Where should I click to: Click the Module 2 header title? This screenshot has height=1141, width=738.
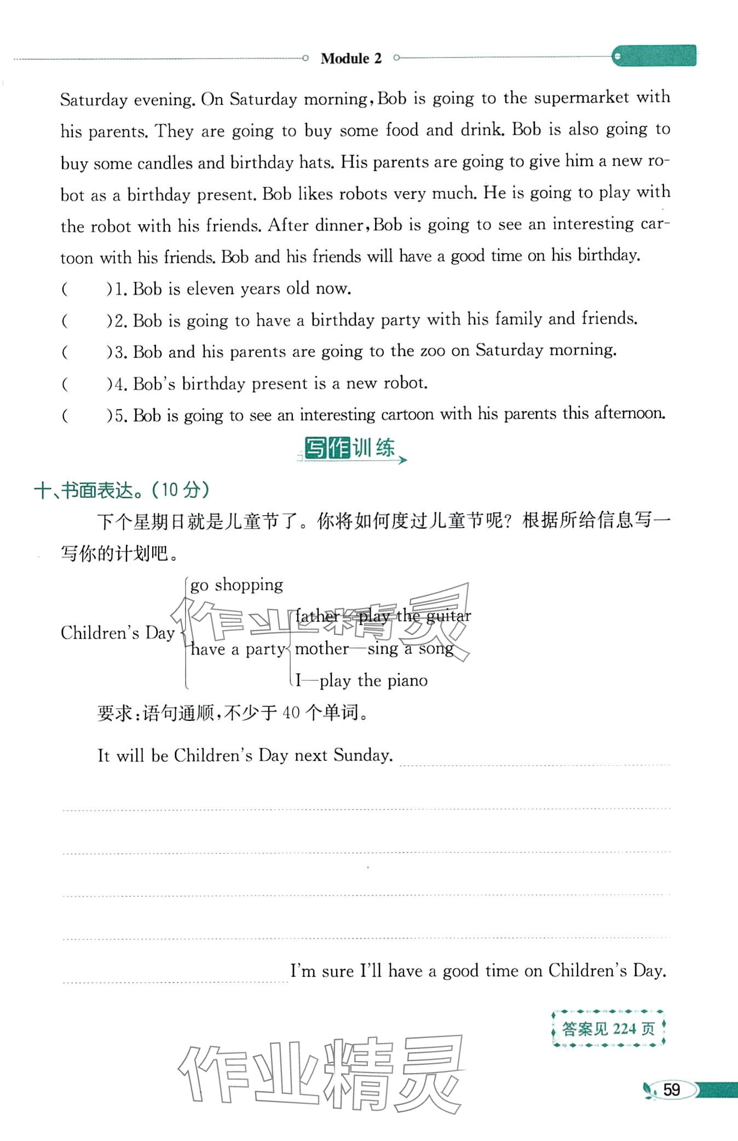(x=351, y=58)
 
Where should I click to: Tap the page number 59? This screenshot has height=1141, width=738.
(x=671, y=1090)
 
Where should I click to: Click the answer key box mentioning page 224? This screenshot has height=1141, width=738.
(x=608, y=1029)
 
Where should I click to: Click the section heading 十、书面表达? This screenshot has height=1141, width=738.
(x=122, y=490)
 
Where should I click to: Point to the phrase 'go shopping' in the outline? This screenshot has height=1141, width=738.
(x=237, y=585)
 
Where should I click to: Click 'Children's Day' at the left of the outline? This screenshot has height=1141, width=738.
(x=117, y=633)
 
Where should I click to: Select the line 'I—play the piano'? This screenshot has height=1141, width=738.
(x=361, y=681)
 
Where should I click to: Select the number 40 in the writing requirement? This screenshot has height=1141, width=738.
(x=291, y=712)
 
